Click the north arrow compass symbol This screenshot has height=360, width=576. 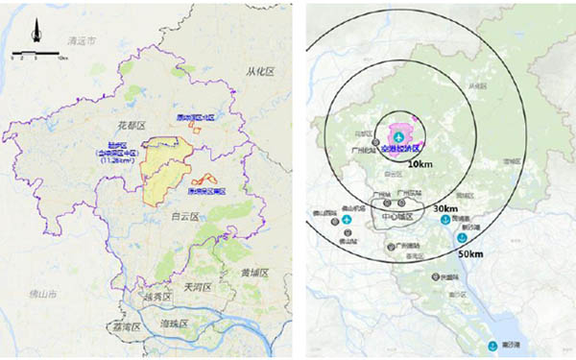(x=36, y=33)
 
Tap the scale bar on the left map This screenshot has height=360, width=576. (x=36, y=55)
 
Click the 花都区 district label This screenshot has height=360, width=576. (x=130, y=126)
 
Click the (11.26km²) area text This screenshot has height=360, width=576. (x=117, y=161)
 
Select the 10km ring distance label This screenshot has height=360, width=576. (x=420, y=165)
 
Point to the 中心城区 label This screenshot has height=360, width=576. (x=396, y=217)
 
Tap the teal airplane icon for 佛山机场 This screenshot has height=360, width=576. (x=348, y=220)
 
